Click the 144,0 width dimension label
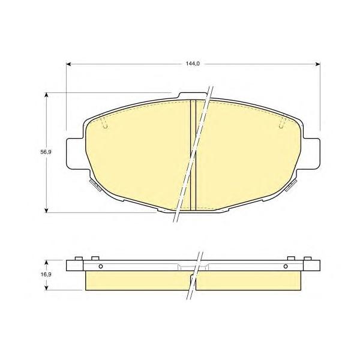(x=193, y=64)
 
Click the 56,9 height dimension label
(x=46, y=152)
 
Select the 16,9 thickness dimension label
(x=46, y=274)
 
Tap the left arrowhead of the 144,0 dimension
(x=68, y=64)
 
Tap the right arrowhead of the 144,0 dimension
(x=318, y=64)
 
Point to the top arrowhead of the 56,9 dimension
(x=47, y=95)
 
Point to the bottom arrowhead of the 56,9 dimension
(x=47, y=211)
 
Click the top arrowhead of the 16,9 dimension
(x=47, y=262)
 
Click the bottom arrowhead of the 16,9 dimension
(x=47, y=287)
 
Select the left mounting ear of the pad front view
(x=75, y=154)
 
